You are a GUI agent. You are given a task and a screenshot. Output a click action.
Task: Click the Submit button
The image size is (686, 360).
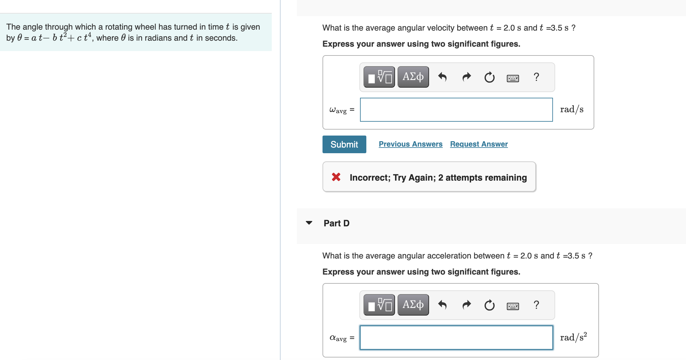tap(344, 144)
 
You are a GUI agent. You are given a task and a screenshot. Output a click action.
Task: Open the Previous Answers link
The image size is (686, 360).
tap(410, 144)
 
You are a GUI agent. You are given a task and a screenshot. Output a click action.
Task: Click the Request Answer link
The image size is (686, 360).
tap(479, 144)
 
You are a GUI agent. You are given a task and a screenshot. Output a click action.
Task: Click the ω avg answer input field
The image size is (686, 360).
tap(456, 110)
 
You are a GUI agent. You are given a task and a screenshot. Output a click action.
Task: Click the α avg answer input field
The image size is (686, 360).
tap(456, 338)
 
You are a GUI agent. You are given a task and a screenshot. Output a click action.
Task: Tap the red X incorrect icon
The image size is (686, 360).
tap(336, 177)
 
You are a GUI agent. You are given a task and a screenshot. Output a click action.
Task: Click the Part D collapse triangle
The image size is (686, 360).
tap(309, 223)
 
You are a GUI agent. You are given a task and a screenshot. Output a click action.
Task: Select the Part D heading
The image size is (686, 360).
tap(336, 223)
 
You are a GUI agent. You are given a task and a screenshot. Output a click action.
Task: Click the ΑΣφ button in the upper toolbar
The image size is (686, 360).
tap(413, 77)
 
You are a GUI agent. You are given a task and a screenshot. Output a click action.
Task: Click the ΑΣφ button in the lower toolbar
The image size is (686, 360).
tap(413, 305)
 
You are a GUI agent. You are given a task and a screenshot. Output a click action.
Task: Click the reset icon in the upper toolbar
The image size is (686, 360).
tap(489, 77)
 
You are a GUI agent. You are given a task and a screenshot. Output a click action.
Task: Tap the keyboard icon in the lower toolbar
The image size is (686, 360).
tap(513, 306)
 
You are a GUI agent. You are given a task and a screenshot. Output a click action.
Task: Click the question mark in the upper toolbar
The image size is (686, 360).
tap(536, 77)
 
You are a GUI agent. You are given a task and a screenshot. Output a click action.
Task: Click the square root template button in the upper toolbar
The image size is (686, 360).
tap(379, 77)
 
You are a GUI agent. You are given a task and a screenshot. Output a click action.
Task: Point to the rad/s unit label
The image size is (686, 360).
tap(572, 109)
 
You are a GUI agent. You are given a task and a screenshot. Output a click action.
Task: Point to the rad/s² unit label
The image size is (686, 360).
tap(573, 337)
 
